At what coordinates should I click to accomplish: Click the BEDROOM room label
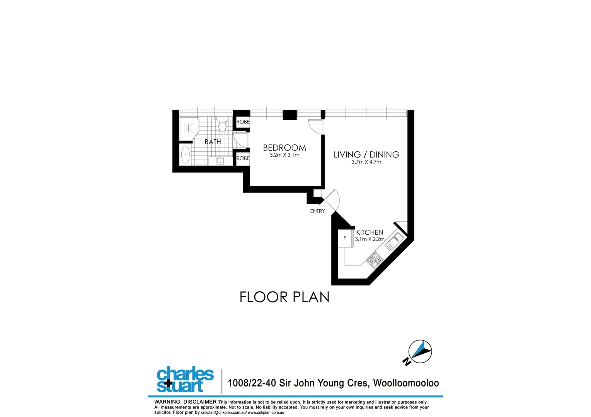tap(284, 147)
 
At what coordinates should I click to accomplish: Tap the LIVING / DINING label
tap(366, 154)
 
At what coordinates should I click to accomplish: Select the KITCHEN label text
tap(370, 232)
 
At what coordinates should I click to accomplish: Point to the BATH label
tap(213, 142)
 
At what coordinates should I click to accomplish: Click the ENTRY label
tap(317, 211)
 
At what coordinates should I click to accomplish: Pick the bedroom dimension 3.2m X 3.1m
tap(284, 155)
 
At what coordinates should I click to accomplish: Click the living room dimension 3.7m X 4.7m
tap(366, 162)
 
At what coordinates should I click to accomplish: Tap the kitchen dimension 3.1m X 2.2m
tap(370, 239)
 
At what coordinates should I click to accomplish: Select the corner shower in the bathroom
tap(188, 128)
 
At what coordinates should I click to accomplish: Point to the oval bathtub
tap(186, 154)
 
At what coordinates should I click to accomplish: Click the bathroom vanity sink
tap(220, 161)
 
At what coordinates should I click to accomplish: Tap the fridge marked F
tap(345, 239)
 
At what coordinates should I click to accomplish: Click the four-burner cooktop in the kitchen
tap(374, 260)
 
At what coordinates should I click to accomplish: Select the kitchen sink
tap(395, 241)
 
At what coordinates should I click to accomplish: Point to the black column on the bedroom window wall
tap(290, 115)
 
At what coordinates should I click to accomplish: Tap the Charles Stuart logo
tap(185, 379)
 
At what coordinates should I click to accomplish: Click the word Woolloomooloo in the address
tap(406, 383)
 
